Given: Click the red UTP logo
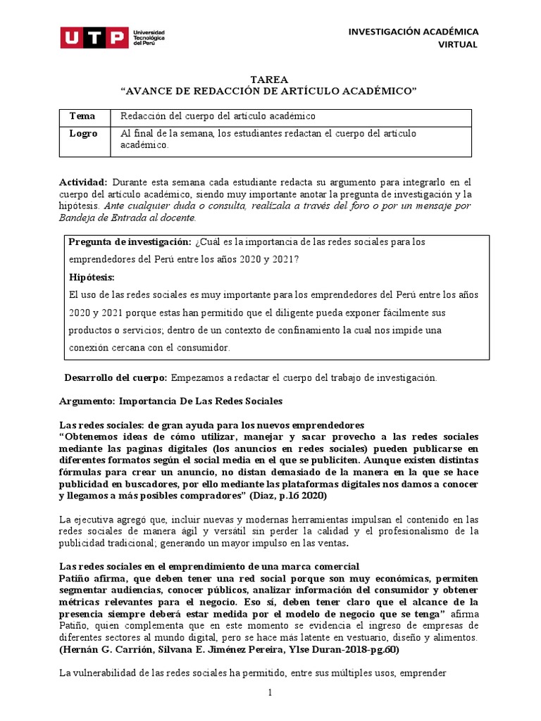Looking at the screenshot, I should click(94, 37).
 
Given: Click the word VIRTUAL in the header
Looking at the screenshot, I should click(457, 44).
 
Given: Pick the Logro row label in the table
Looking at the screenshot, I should click(83, 133).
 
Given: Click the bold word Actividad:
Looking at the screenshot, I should click(83, 182).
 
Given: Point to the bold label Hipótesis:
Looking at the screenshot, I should click(91, 277).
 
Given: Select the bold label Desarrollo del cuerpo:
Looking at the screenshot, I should click(116, 377).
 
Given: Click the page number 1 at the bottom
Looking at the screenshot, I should click(269, 694).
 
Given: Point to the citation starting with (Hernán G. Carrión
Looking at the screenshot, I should click(228, 649).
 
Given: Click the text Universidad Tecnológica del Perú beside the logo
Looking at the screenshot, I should click(149, 37).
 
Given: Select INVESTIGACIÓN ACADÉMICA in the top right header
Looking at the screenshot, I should click(413, 32).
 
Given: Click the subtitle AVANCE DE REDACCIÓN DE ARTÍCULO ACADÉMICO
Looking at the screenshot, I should click(269, 92).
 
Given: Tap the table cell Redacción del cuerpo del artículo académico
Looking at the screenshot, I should click(218, 115).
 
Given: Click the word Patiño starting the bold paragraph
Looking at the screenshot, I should click(76, 578).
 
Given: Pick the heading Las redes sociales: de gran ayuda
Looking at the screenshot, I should click(211, 425).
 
